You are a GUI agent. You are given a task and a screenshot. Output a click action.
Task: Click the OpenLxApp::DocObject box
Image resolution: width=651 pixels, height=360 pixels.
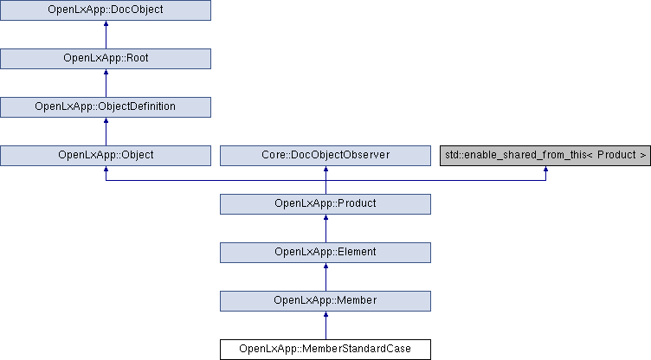(x=106, y=10)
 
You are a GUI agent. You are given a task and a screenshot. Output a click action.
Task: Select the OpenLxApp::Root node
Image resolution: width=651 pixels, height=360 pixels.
(x=106, y=59)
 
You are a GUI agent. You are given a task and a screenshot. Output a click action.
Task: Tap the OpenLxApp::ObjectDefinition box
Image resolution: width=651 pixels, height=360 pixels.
(x=106, y=107)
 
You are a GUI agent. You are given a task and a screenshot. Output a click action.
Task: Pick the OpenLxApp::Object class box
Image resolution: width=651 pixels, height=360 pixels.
(x=106, y=156)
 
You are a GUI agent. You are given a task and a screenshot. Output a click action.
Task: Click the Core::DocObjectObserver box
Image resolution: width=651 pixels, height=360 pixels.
(x=325, y=156)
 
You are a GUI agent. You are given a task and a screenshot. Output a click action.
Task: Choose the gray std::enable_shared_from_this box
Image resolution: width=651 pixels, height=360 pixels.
(x=545, y=156)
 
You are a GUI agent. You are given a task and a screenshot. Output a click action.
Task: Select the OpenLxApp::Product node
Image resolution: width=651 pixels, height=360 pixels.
(x=325, y=204)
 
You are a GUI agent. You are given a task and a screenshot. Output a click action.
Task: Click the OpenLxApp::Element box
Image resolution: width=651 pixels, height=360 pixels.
(x=325, y=253)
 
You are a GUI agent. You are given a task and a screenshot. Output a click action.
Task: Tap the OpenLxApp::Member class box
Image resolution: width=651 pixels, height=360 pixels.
(x=325, y=301)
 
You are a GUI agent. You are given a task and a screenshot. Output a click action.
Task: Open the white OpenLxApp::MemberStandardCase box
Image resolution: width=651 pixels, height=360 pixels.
(x=325, y=350)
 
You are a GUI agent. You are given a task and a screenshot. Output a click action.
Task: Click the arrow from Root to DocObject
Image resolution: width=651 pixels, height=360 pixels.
(x=106, y=35)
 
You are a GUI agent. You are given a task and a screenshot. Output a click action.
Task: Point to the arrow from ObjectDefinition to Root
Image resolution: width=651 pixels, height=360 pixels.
(x=106, y=83)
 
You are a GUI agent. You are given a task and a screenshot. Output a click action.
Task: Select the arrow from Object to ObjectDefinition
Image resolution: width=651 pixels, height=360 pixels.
(x=106, y=132)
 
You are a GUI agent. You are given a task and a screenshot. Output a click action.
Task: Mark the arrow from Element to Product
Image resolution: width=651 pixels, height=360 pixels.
(x=325, y=228)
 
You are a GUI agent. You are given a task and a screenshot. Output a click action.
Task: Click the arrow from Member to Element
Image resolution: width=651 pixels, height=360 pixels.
(x=325, y=277)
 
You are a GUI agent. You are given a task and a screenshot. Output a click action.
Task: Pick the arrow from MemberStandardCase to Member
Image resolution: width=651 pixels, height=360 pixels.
(x=325, y=325)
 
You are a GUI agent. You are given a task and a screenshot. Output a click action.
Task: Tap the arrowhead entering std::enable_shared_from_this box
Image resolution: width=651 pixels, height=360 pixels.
(x=545, y=169)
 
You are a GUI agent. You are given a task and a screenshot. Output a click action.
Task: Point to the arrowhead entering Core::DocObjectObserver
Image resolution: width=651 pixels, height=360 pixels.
(x=325, y=169)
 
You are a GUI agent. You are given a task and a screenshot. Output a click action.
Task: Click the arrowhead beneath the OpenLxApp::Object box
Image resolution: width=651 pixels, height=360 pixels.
(x=106, y=169)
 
